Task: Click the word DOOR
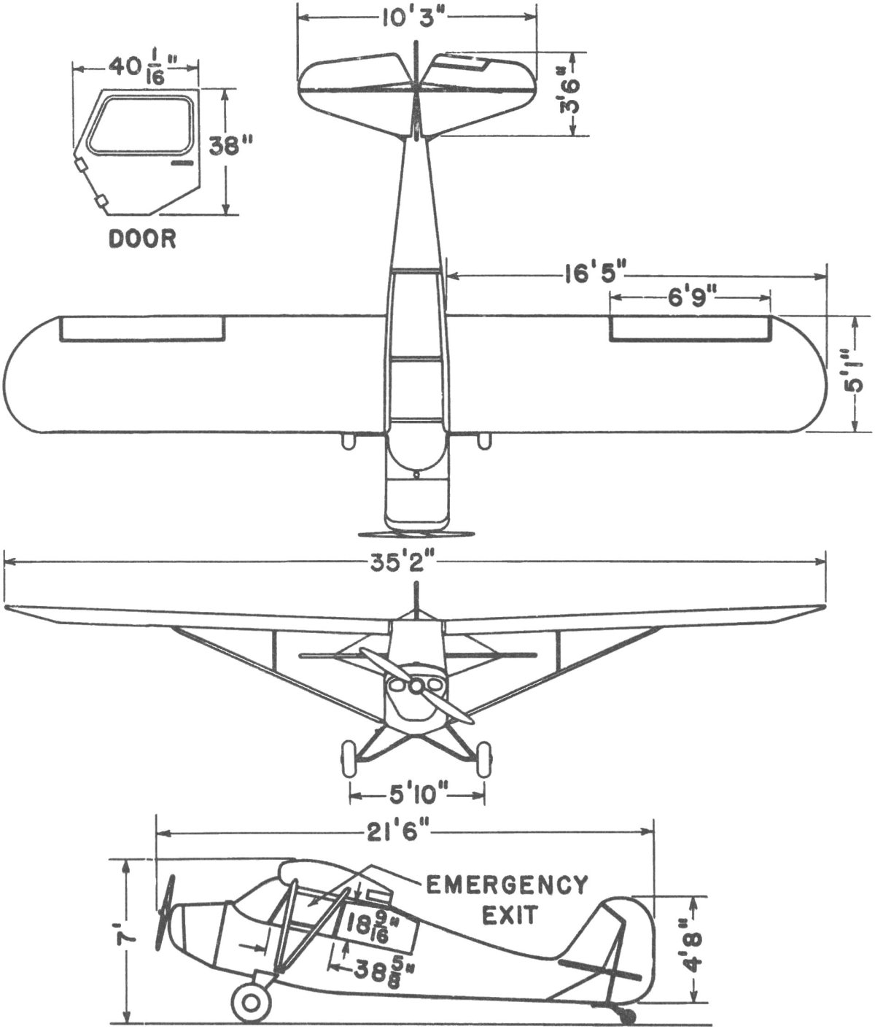[142, 239]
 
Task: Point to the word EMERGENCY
[507, 885]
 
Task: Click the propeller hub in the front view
[416, 686]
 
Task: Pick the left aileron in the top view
[142, 329]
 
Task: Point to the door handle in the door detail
[181, 164]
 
